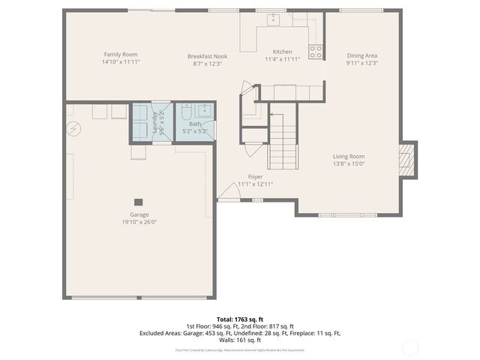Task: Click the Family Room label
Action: coord(121,54)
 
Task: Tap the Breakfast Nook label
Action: coord(207,56)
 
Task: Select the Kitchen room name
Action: coord(282,52)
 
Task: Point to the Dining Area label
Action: coord(361,55)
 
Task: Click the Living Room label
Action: coord(349,156)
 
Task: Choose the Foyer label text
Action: coord(255,177)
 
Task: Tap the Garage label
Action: coord(139,214)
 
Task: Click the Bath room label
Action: coord(195,124)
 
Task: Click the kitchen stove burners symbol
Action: coord(316,52)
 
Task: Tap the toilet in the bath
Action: coord(187,112)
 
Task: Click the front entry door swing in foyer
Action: coord(229,193)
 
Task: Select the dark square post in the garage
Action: coord(139,201)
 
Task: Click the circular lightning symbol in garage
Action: coord(73,128)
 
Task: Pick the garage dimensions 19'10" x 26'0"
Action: coord(139,222)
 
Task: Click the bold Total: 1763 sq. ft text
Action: coord(239,319)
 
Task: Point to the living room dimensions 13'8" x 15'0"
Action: coord(349,163)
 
